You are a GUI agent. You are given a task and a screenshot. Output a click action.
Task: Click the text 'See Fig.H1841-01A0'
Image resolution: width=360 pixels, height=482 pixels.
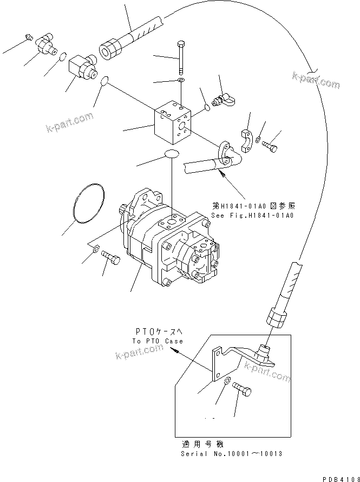tap(253, 216)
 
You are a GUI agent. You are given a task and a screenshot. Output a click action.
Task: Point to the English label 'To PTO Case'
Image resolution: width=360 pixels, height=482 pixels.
tap(158, 341)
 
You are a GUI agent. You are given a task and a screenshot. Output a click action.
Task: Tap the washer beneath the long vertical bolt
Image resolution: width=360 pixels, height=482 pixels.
tap(180, 81)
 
